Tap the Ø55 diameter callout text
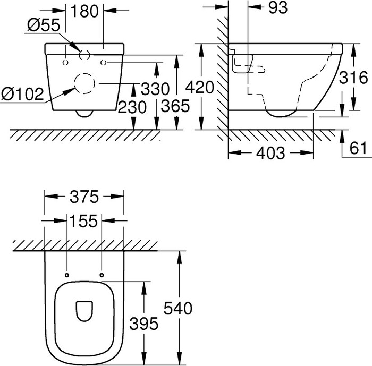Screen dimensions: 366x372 40,25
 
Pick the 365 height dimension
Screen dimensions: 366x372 175,107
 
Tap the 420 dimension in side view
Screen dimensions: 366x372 202,87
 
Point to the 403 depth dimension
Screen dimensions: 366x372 270,154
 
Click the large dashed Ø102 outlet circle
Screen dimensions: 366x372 83,84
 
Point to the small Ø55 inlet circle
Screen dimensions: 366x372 84,54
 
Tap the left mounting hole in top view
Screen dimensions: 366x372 67,275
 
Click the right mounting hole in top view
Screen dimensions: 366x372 101,275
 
